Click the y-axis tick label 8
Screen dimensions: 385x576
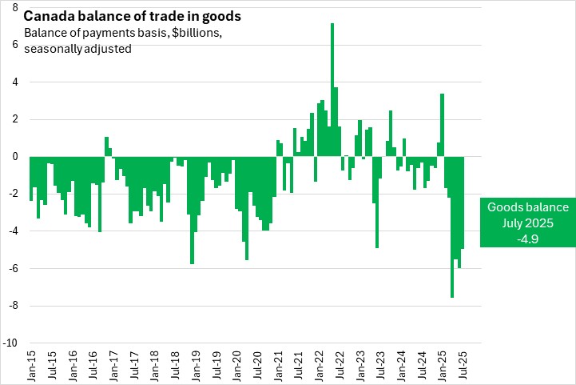pyautogui.click(x=15, y=7)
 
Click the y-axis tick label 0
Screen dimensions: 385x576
pyautogui.click(x=15, y=157)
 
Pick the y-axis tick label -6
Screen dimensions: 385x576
pyautogui.click(x=14, y=269)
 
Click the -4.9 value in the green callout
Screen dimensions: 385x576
pyautogui.click(x=528, y=238)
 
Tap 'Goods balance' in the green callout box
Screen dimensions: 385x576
pyautogui.click(x=528, y=207)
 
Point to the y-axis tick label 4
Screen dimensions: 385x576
pyautogui.click(x=15, y=82)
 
